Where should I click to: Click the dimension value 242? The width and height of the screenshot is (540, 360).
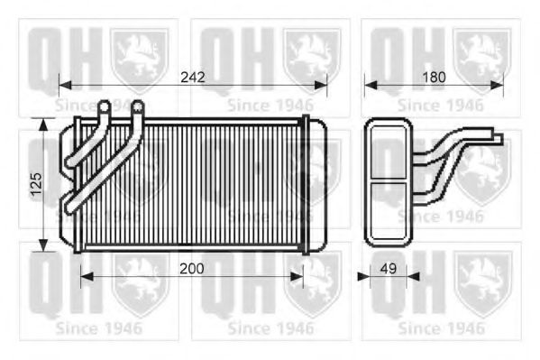[x=193, y=78]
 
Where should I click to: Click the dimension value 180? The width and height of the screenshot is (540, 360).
[x=434, y=78]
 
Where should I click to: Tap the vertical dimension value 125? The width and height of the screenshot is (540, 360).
[x=36, y=184]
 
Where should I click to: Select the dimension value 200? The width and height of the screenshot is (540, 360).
[x=192, y=269]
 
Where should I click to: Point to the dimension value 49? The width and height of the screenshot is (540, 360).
[x=389, y=269]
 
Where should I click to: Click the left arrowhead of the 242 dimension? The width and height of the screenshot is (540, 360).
[x=66, y=85]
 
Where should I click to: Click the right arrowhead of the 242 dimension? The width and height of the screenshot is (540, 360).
[x=321, y=85]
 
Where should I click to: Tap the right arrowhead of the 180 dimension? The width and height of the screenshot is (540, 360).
[x=497, y=85]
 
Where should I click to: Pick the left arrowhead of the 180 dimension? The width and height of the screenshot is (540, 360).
[x=371, y=85]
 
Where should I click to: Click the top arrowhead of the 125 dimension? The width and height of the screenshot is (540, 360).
[x=43, y=125]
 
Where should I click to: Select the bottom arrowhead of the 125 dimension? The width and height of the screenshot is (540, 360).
[x=43, y=245]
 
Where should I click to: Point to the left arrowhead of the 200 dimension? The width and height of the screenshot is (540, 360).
[x=87, y=276]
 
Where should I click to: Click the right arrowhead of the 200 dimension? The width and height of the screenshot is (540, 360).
[x=297, y=276]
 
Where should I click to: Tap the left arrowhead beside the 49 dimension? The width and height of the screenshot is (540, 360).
[x=363, y=276]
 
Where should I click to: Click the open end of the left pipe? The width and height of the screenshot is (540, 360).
[x=104, y=106]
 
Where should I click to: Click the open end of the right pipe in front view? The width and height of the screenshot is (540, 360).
[x=137, y=106]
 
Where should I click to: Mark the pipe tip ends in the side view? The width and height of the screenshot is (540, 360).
[x=499, y=135]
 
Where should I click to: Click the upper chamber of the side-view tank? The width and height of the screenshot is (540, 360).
[x=389, y=152]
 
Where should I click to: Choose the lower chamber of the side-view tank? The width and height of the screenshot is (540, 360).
[x=389, y=210]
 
